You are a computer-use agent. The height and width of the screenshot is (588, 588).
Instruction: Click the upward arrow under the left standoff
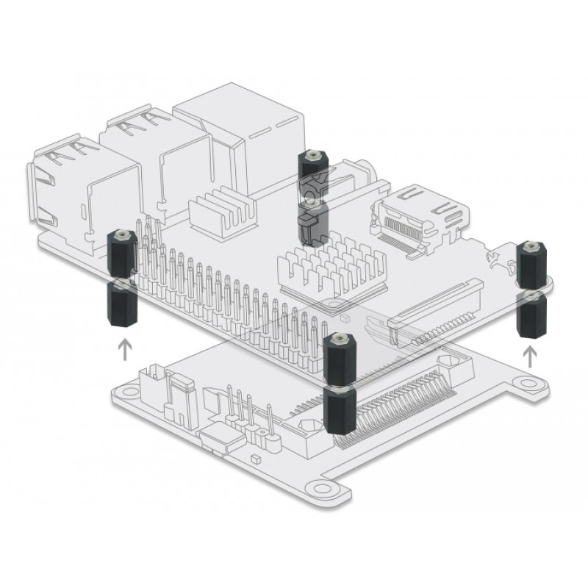coord(126,347)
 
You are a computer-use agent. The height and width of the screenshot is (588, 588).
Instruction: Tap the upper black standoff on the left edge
coord(122,252)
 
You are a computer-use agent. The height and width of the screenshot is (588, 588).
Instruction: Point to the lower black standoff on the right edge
coord(531,315)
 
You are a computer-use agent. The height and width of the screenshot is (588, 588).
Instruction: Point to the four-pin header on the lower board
coord(250,419)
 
